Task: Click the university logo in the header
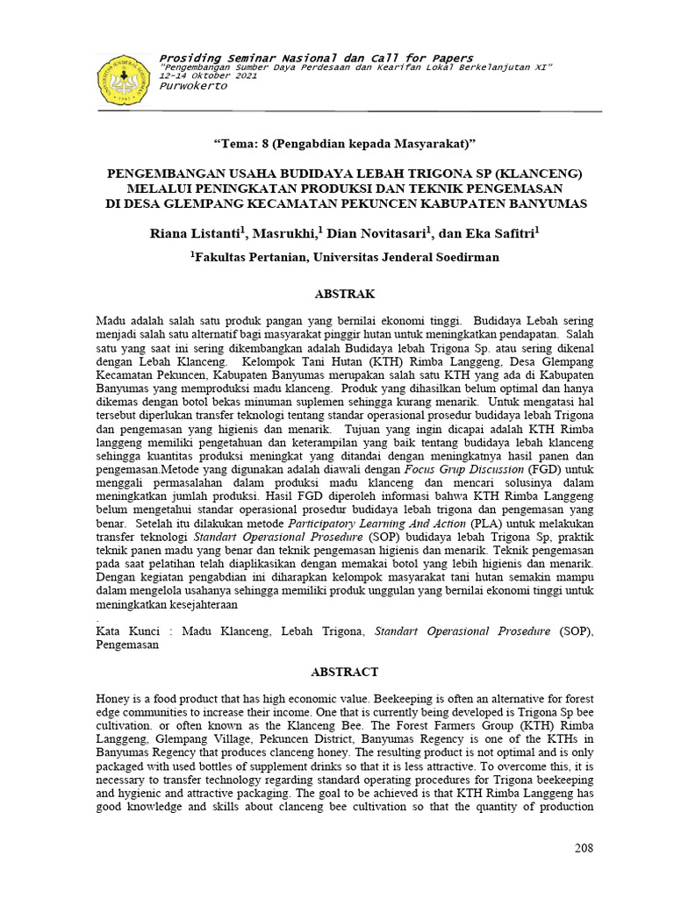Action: pos(125,79)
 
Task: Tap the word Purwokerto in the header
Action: pos(193,86)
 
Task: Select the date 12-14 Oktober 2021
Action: pos(209,76)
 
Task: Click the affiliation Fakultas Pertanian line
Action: pos(346,257)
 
